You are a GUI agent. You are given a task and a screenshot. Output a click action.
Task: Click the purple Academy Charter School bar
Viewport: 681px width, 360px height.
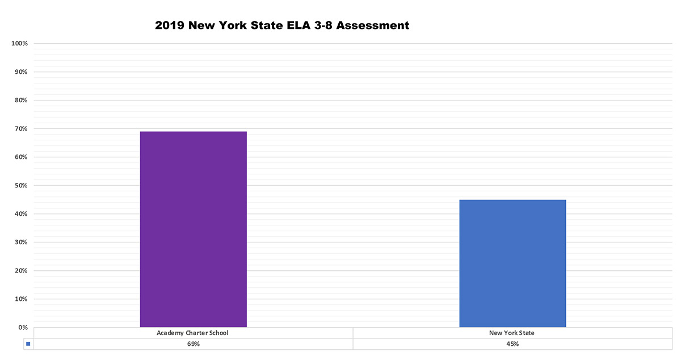pyautogui.click(x=193, y=229)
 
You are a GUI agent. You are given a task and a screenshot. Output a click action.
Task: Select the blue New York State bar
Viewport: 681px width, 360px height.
pyautogui.click(x=512, y=263)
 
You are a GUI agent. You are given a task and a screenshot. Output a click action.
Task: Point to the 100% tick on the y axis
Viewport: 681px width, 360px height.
pyautogui.click(x=20, y=44)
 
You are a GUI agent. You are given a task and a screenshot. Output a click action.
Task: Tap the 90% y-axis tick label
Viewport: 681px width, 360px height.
pyautogui.click(x=22, y=72)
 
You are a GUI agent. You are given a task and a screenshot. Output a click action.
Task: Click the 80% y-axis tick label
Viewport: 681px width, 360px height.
pyautogui.click(x=22, y=101)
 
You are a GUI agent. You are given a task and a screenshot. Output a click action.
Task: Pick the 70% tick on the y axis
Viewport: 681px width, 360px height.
pyautogui.click(x=22, y=129)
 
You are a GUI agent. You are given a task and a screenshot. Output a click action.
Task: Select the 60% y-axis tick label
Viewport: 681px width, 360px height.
pyautogui.click(x=22, y=157)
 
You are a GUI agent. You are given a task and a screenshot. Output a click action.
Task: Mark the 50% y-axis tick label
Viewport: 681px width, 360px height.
pyautogui.click(x=22, y=186)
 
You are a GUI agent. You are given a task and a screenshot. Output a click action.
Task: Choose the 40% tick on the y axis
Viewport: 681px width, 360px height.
pyautogui.click(x=22, y=214)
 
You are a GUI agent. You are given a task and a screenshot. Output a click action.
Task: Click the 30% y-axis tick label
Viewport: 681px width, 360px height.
pyautogui.click(x=22, y=242)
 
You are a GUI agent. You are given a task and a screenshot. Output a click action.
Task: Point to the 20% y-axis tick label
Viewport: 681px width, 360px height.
pyautogui.click(x=22, y=271)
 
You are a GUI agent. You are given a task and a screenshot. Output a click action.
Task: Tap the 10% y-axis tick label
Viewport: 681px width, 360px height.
pyautogui.click(x=22, y=299)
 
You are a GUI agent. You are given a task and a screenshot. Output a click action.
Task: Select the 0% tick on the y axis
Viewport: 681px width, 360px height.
pyautogui.click(x=23, y=328)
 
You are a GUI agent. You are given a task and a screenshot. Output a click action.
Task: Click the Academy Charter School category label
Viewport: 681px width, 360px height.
pyautogui.click(x=192, y=333)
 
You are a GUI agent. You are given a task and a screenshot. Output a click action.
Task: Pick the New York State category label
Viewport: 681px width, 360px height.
pyautogui.click(x=512, y=333)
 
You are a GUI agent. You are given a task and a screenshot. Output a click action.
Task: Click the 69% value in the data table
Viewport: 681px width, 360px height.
pyautogui.click(x=192, y=344)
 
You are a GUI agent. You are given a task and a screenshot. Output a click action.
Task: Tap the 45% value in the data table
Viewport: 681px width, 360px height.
pyautogui.click(x=512, y=344)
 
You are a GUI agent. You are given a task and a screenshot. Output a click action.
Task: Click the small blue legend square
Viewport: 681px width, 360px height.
pyautogui.click(x=28, y=344)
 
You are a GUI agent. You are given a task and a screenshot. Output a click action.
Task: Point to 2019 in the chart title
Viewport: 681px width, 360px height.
pyautogui.click(x=170, y=26)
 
